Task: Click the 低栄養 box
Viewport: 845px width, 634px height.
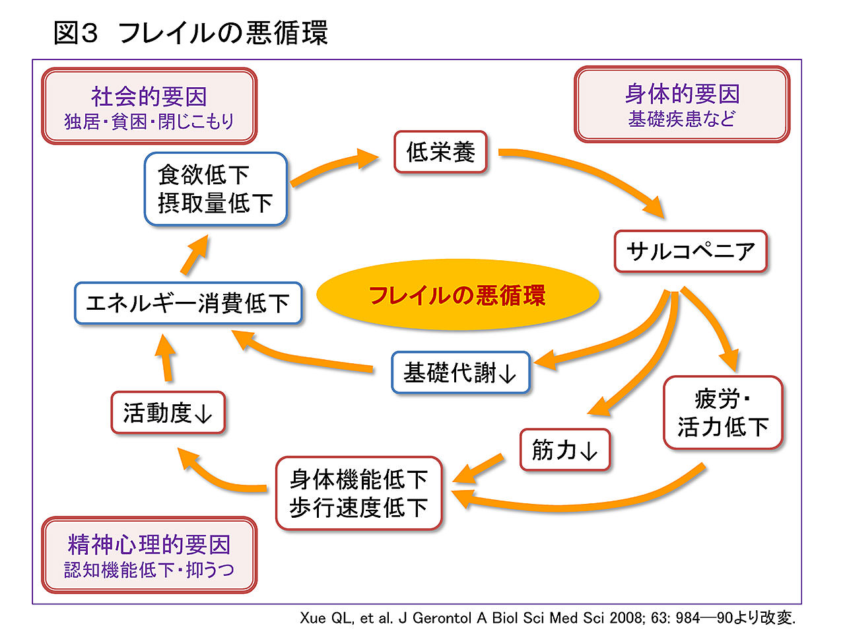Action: (x=440, y=153)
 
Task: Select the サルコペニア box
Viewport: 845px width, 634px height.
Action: (x=691, y=251)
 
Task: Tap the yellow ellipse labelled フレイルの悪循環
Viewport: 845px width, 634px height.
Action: (x=457, y=295)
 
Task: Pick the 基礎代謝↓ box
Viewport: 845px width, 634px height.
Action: (x=460, y=373)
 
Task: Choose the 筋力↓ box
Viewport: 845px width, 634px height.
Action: (x=564, y=450)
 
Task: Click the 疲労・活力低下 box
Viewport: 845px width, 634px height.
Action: (x=723, y=413)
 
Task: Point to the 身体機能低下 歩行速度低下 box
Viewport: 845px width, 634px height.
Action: (x=358, y=493)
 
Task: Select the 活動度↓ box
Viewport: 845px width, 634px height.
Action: (x=168, y=413)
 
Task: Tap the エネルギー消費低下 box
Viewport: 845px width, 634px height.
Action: (x=188, y=303)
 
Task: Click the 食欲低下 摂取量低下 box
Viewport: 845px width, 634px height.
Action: (x=215, y=189)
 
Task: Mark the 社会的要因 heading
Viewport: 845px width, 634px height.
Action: (x=149, y=96)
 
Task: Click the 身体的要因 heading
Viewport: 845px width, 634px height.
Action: (x=682, y=94)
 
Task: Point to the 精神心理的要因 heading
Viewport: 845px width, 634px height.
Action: (x=149, y=545)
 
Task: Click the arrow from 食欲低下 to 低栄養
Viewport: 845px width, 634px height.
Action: (x=333, y=168)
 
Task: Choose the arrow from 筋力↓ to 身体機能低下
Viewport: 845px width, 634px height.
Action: (x=479, y=468)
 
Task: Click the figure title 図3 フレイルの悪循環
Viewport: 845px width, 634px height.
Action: (x=191, y=33)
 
